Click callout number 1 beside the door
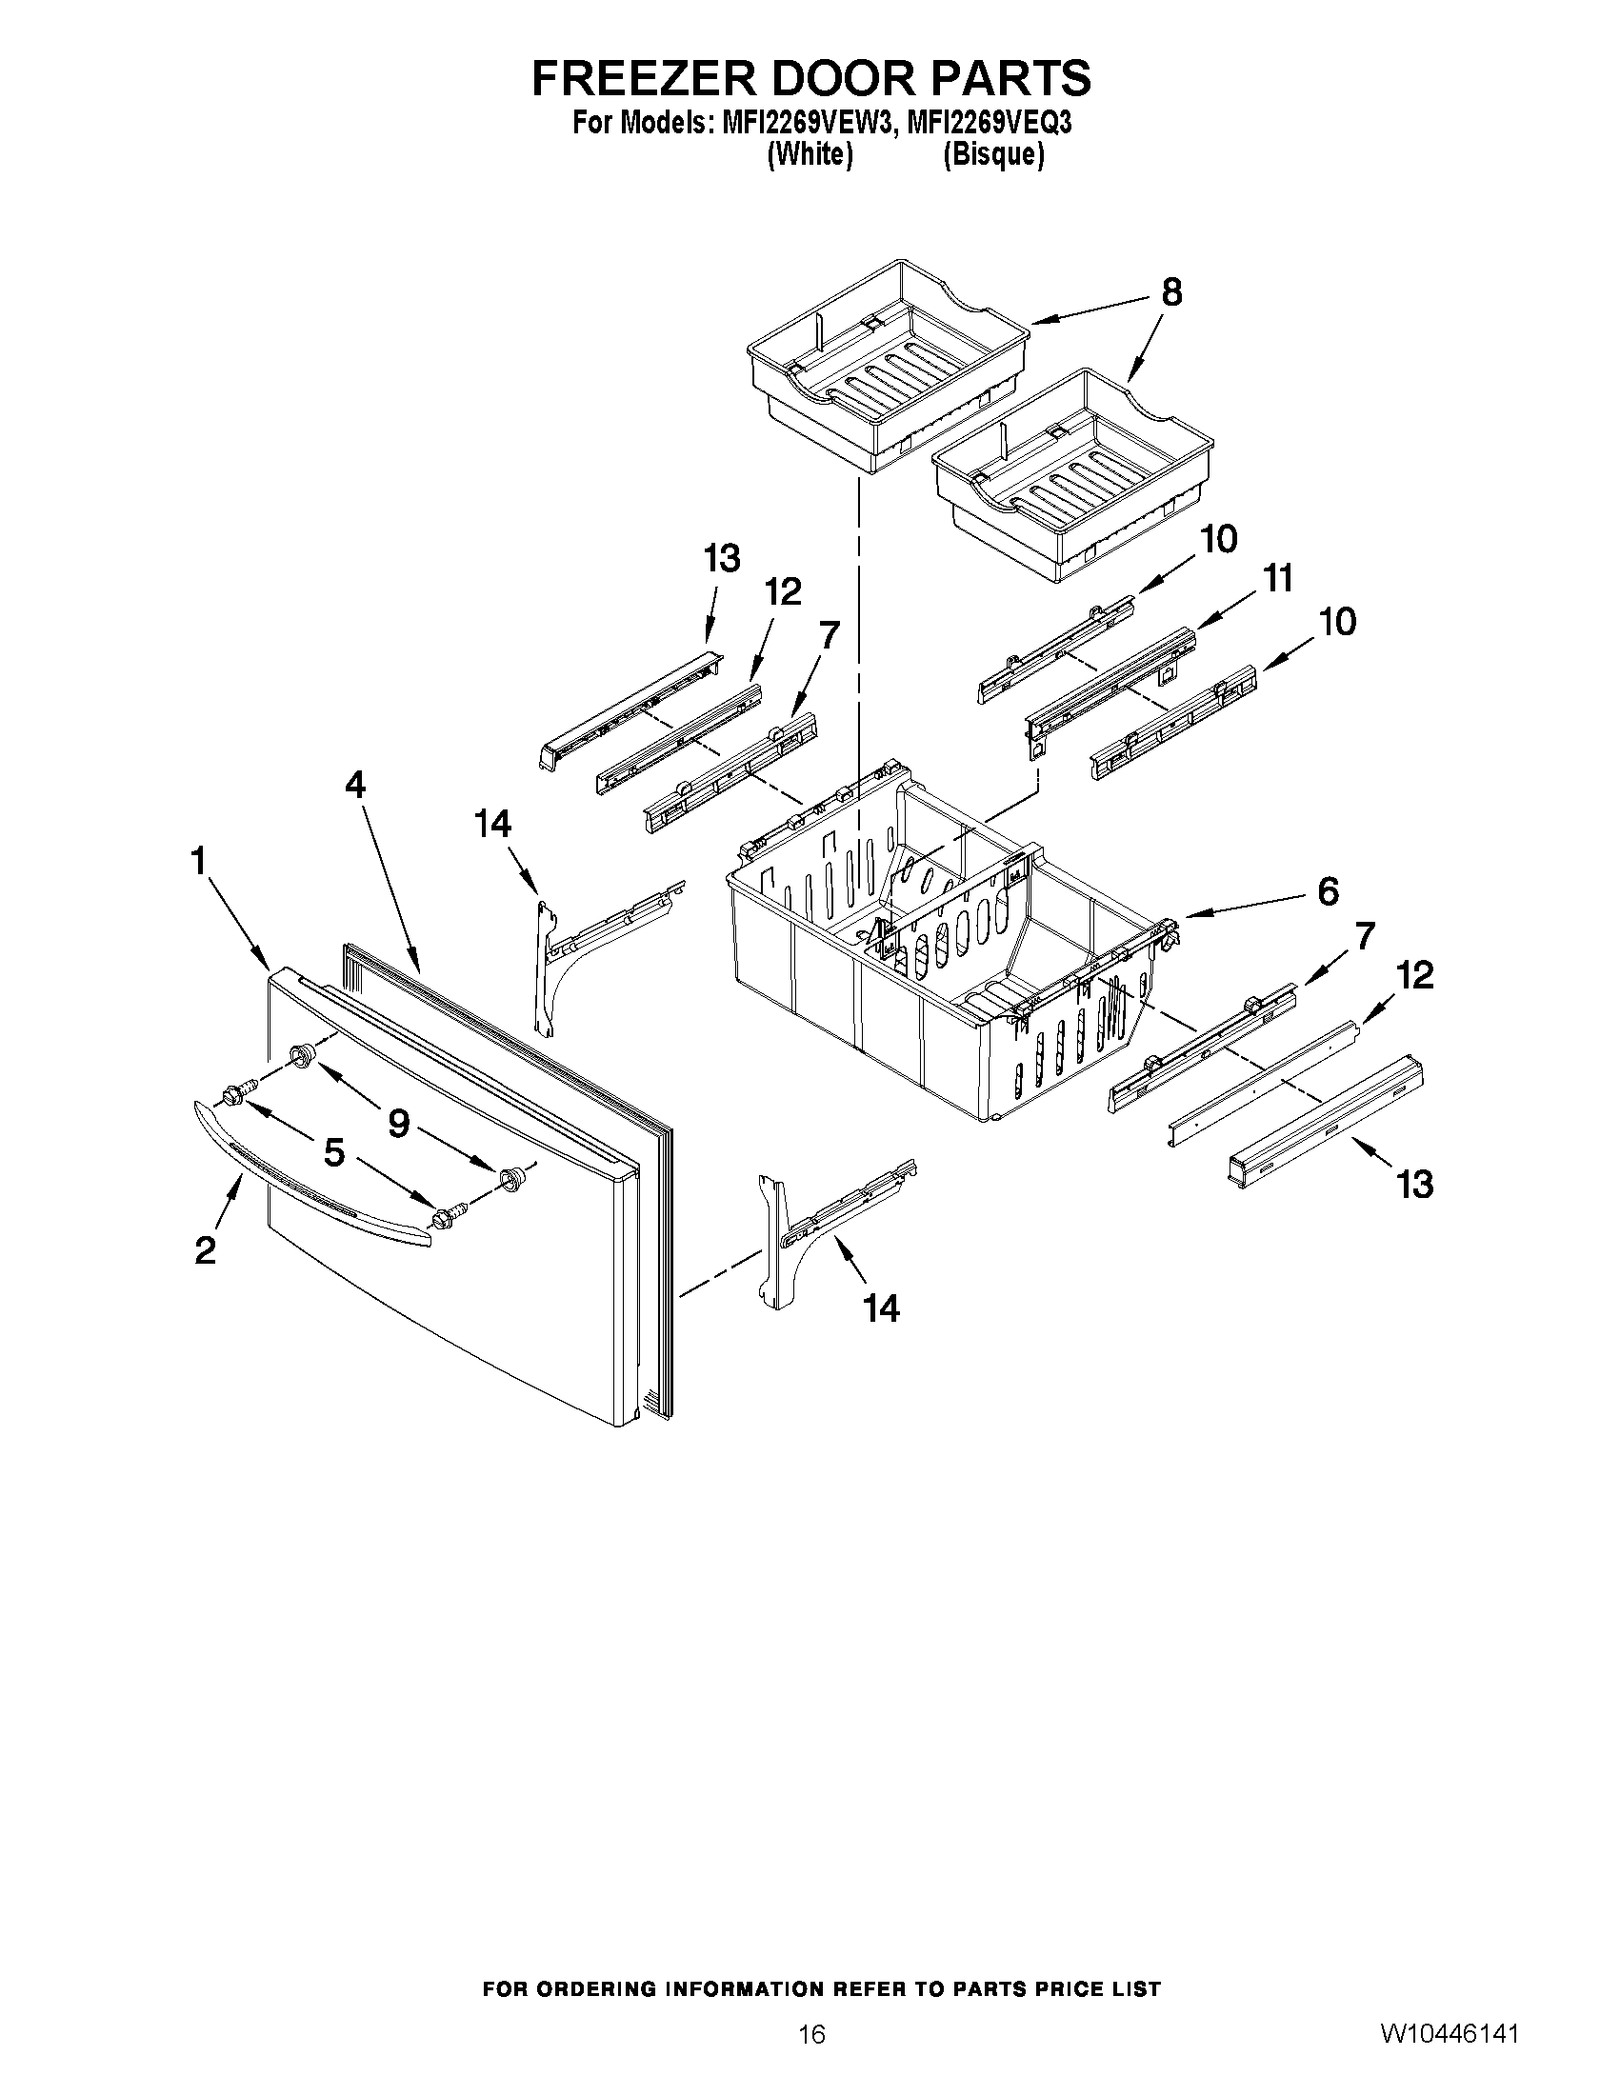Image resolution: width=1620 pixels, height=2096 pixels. point(199,861)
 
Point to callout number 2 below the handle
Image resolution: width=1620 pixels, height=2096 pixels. point(205,1250)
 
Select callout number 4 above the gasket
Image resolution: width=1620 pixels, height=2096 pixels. point(355,785)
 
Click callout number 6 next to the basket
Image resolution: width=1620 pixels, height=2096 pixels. point(1328,891)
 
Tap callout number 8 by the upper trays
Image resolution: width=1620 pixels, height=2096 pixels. point(1170,291)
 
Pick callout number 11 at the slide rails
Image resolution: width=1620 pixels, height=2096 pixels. point(1277,579)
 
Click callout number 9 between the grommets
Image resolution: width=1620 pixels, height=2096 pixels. point(398,1122)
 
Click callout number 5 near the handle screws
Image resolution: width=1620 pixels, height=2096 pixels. point(333,1151)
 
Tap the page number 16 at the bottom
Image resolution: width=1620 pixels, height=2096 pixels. point(811,2032)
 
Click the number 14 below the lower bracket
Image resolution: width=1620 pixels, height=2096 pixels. point(881,1308)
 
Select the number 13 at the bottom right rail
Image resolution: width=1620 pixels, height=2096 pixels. point(1414,1185)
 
